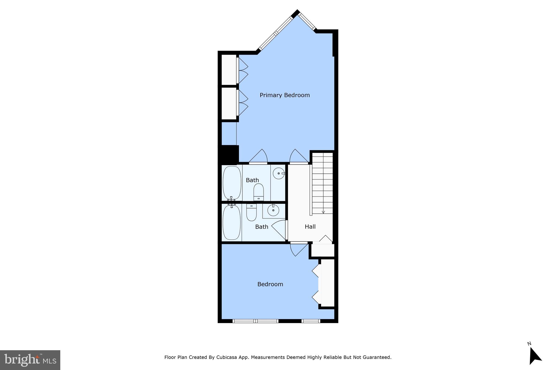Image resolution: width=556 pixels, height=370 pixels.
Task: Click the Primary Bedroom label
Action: [285, 95]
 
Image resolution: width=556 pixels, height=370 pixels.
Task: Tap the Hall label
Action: [310, 227]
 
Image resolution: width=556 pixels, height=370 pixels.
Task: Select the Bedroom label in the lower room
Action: [270, 284]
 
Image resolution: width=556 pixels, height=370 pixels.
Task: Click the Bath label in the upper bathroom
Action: [252, 180]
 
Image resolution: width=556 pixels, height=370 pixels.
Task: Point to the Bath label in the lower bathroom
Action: [261, 227]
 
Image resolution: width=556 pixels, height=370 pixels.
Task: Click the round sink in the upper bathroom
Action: [279, 173]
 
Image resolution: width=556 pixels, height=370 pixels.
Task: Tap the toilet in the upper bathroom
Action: [258, 192]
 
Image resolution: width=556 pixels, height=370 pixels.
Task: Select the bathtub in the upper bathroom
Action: [232, 183]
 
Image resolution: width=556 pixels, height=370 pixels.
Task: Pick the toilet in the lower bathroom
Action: [251, 213]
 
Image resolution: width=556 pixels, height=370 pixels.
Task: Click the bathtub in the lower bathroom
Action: [232, 222]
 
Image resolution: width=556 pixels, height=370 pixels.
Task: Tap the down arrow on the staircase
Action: [323, 212]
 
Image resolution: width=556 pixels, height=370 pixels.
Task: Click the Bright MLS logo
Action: [30, 360]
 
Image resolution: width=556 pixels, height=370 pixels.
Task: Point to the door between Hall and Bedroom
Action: [298, 249]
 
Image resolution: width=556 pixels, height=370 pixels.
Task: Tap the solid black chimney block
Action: [229, 154]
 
